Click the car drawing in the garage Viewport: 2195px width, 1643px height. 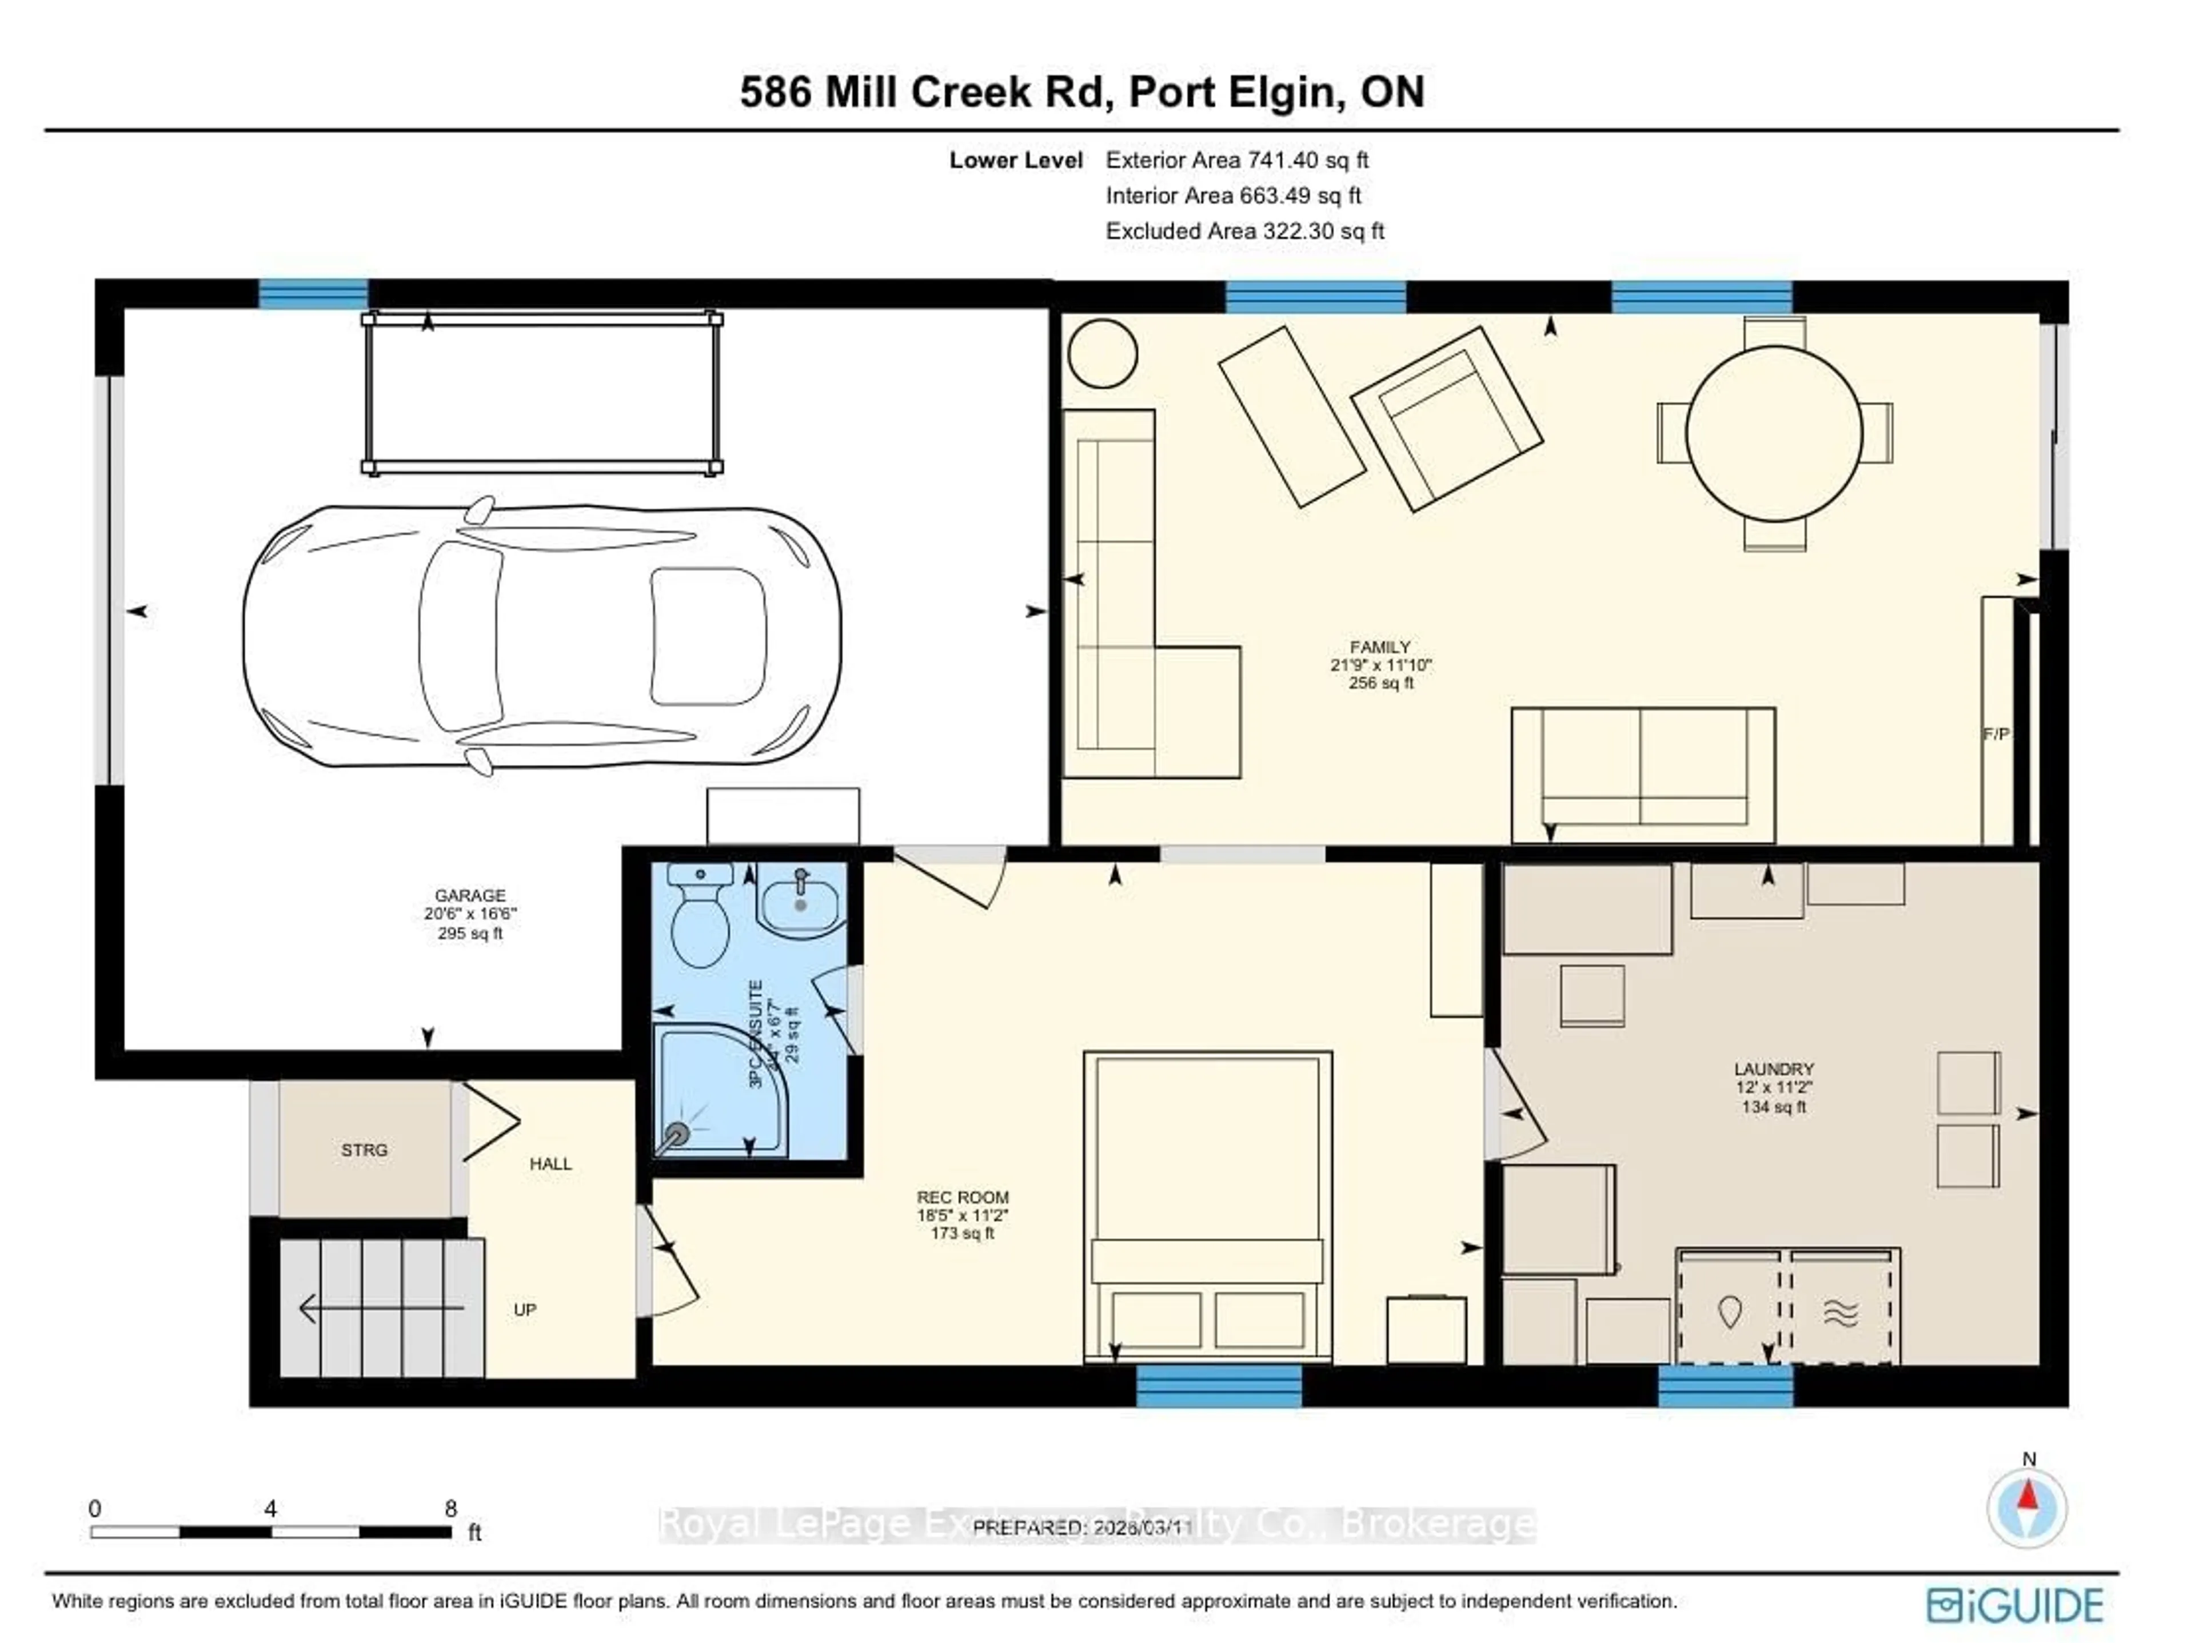point(542,636)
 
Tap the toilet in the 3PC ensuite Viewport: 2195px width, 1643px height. point(701,917)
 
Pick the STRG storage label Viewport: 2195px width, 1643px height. point(364,1150)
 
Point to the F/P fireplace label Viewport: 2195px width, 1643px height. point(1996,734)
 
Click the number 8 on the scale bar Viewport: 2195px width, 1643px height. point(450,1508)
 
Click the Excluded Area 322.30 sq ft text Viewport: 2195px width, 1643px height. point(1244,231)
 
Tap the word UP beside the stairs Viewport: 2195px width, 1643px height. point(525,1310)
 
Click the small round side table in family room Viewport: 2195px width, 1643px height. point(1103,353)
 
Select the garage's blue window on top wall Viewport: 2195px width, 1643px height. point(314,294)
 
